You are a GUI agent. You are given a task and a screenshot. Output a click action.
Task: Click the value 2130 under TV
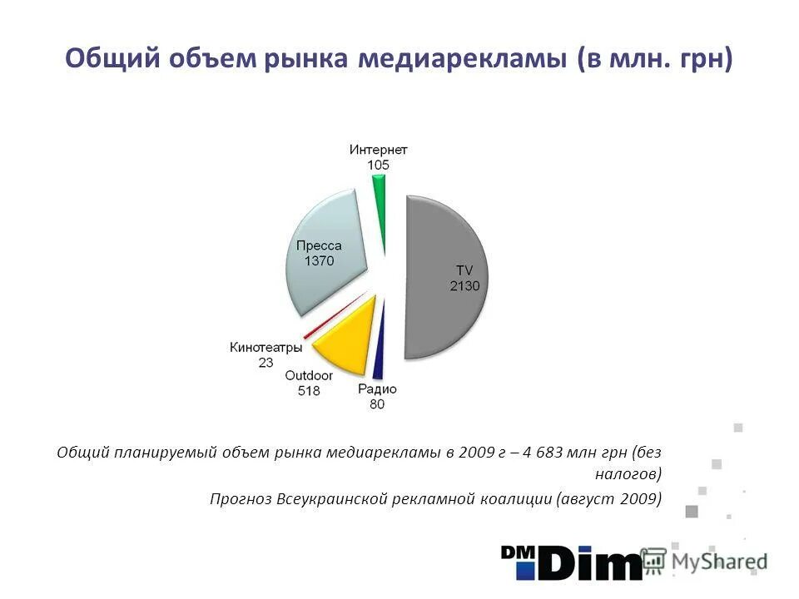[464, 285]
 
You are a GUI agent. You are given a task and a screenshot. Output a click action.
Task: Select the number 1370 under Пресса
[318, 261]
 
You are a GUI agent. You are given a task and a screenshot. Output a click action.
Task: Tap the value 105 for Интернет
[378, 165]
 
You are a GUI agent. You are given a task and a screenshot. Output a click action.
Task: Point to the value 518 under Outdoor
[309, 390]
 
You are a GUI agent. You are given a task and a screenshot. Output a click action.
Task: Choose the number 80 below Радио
[377, 404]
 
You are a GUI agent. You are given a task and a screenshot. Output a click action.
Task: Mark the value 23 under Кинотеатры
[266, 362]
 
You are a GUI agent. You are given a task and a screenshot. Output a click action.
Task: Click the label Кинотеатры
[265, 347]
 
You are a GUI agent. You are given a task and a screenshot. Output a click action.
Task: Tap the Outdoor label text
[309, 375]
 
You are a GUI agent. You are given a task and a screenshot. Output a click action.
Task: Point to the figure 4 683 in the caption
[536, 453]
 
